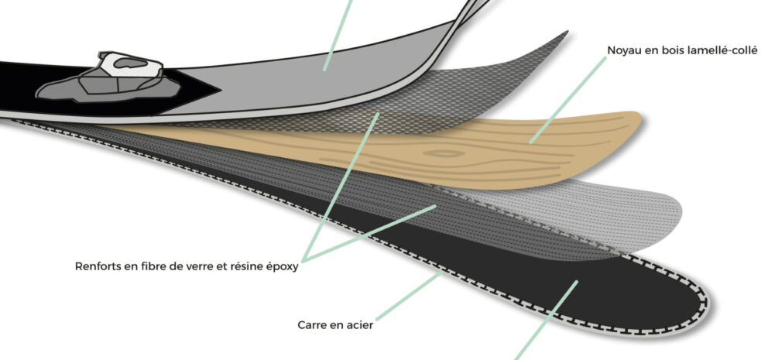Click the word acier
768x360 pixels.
(x=362, y=325)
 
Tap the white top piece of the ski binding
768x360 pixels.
(x=131, y=64)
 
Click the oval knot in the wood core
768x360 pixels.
(x=444, y=154)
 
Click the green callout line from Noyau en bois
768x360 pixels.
(x=567, y=100)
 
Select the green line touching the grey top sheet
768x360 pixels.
(x=338, y=35)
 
